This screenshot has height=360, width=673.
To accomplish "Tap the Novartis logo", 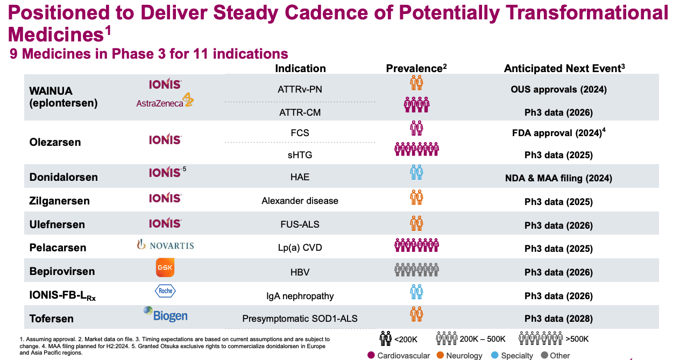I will click(165, 245).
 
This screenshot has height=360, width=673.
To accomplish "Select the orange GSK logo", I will click(165, 268).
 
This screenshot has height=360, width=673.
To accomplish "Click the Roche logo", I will click(165, 291).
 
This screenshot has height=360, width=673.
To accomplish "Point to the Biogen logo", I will click(165, 314).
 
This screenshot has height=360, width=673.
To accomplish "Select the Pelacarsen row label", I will click(58, 248).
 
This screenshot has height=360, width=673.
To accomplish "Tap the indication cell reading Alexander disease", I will click(300, 201).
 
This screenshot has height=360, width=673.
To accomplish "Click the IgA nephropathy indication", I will click(300, 295).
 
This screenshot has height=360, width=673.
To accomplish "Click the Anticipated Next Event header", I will click(564, 68).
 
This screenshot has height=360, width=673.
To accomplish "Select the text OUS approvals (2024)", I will click(558, 89).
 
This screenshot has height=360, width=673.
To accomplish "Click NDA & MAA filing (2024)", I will click(558, 178).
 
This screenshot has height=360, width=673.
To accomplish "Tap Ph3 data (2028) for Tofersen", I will click(558, 318).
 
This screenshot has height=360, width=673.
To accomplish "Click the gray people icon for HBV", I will click(416, 269).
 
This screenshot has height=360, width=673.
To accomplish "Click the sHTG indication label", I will click(300, 155).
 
